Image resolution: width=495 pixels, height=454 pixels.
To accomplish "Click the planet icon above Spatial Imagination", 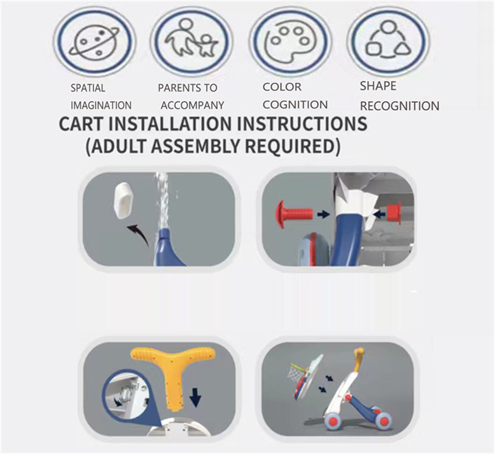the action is click(x=95, y=41).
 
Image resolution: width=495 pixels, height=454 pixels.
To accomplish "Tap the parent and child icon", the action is click(x=191, y=38).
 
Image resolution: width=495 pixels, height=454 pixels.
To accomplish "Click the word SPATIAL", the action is click(x=88, y=88).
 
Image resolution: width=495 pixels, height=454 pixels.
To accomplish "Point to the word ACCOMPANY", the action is click(x=192, y=105).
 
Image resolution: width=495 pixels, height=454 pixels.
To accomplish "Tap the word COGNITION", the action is click(x=295, y=105).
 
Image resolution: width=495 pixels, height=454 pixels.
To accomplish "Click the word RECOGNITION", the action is click(x=400, y=106).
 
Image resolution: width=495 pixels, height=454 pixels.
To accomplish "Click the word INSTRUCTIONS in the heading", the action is click(x=302, y=123).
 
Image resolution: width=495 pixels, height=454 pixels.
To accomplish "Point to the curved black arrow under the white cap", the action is click(x=137, y=234).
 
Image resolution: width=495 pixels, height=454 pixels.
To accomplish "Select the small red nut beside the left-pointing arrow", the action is click(x=394, y=212).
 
